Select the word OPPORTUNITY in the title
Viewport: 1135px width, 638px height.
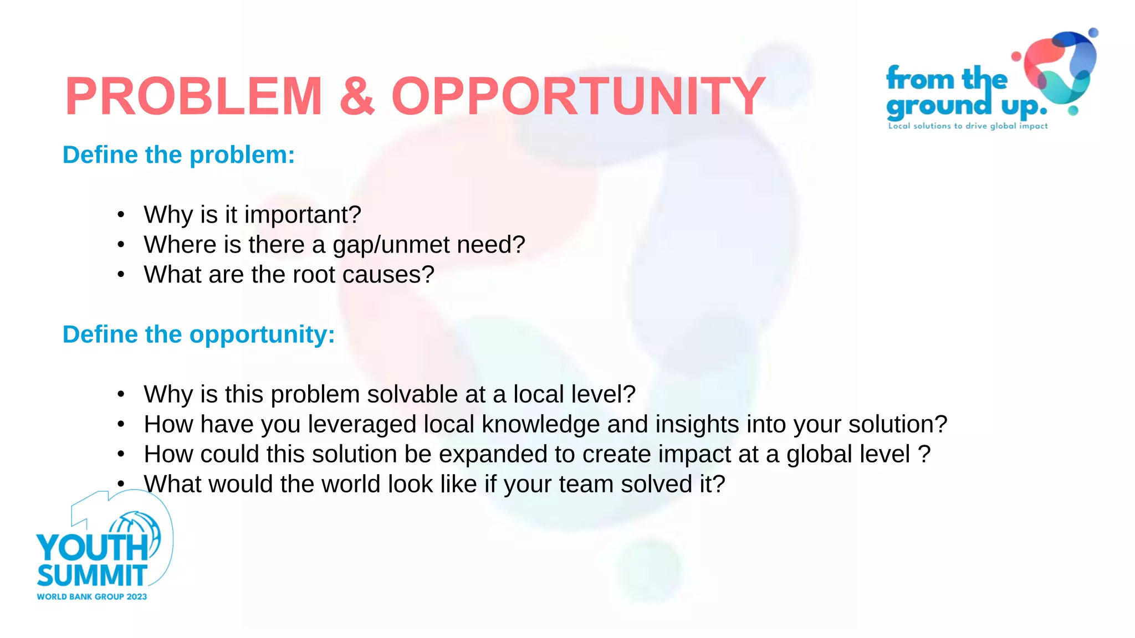pos(579,96)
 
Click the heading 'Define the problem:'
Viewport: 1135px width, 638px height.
pos(178,155)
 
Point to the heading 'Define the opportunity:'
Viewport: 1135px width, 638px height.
pos(198,335)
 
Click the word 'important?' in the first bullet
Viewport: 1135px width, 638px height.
pos(303,215)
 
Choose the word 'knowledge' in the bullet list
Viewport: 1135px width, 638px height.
pos(540,424)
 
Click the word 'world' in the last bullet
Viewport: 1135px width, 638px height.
pos(351,484)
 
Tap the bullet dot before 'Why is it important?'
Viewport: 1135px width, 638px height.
pos(121,215)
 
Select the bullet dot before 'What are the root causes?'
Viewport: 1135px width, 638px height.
pos(121,275)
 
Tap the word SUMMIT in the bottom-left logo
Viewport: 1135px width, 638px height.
pos(92,576)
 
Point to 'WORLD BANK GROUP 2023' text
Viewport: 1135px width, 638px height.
pos(92,596)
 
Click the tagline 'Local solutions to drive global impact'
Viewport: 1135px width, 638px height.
pos(968,126)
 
